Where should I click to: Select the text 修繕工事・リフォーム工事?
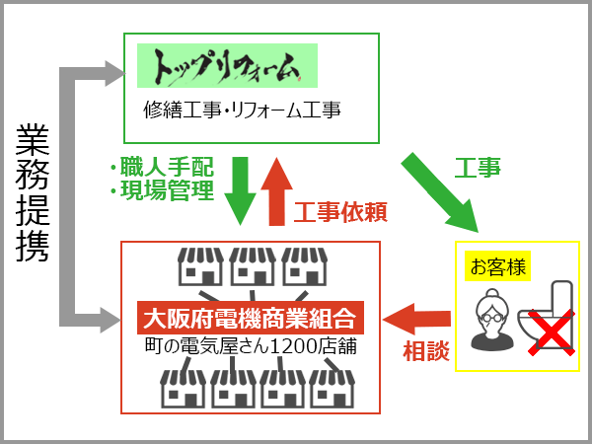[x=242, y=111]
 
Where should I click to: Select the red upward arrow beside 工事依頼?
[x=278, y=189]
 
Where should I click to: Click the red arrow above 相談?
[x=417, y=318]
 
